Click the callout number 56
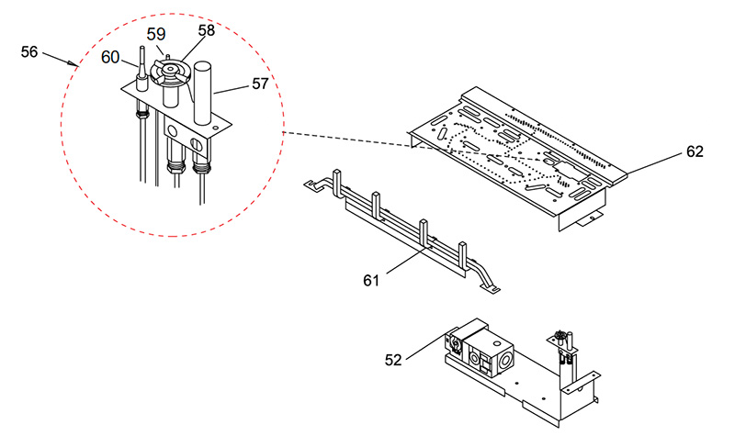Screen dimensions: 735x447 (x=29, y=51)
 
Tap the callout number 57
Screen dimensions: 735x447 (x=260, y=84)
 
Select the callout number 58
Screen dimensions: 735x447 (x=206, y=30)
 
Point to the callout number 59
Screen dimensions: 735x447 (x=156, y=34)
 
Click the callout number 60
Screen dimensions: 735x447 (x=110, y=58)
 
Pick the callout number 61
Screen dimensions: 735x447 (x=371, y=280)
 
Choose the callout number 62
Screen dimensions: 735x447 (x=695, y=151)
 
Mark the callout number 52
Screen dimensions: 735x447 (x=393, y=360)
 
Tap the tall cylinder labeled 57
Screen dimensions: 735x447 (x=203, y=93)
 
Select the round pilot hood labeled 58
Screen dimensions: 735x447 (x=170, y=72)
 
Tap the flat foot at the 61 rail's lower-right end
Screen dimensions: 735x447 (x=491, y=289)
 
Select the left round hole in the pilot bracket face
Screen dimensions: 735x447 (x=173, y=130)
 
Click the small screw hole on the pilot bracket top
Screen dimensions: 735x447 (x=215, y=127)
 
